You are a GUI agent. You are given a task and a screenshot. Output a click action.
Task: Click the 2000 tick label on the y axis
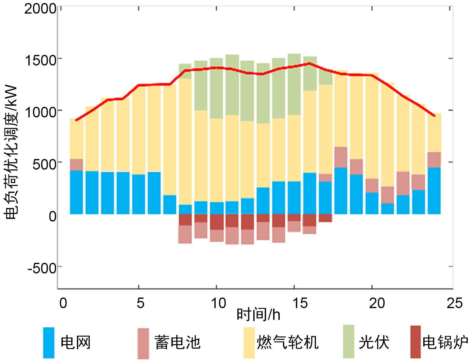[x=40, y=9]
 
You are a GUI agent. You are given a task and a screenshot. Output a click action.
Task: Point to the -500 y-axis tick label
[x=42, y=268]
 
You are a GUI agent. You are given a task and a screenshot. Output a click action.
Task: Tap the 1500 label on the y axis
[x=40, y=60]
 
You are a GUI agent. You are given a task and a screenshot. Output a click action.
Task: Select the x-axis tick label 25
[x=454, y=303]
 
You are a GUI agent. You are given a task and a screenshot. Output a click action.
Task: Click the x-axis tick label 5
[x=140, y=303]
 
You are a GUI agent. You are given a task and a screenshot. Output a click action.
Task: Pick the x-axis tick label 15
[x=300, y=303]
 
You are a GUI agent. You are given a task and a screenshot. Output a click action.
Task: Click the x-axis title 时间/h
[x=258, y=315]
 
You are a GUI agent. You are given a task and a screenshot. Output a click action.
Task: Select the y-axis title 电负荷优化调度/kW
[x=11, y=152]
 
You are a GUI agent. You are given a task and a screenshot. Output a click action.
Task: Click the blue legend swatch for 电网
[x=49, y=342]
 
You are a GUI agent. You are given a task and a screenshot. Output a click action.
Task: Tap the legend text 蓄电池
[x=177, y=342]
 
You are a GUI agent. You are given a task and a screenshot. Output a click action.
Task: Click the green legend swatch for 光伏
[x=348, y=341]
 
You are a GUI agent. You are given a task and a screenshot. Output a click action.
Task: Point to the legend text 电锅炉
[x=445, y=342]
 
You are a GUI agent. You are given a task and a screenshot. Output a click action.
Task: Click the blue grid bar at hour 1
[x=76, y=192]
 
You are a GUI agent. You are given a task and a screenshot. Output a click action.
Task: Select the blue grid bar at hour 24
[x=434, y=191]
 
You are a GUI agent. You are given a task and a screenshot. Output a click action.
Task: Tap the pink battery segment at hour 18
[x=341, y=157]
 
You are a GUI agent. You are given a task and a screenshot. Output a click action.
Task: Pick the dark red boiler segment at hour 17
[x=325, y=218]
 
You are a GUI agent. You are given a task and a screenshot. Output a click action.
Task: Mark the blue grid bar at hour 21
[x=387, y=209]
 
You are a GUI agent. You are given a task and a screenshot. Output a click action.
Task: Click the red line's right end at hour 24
[x=434, y=116]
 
